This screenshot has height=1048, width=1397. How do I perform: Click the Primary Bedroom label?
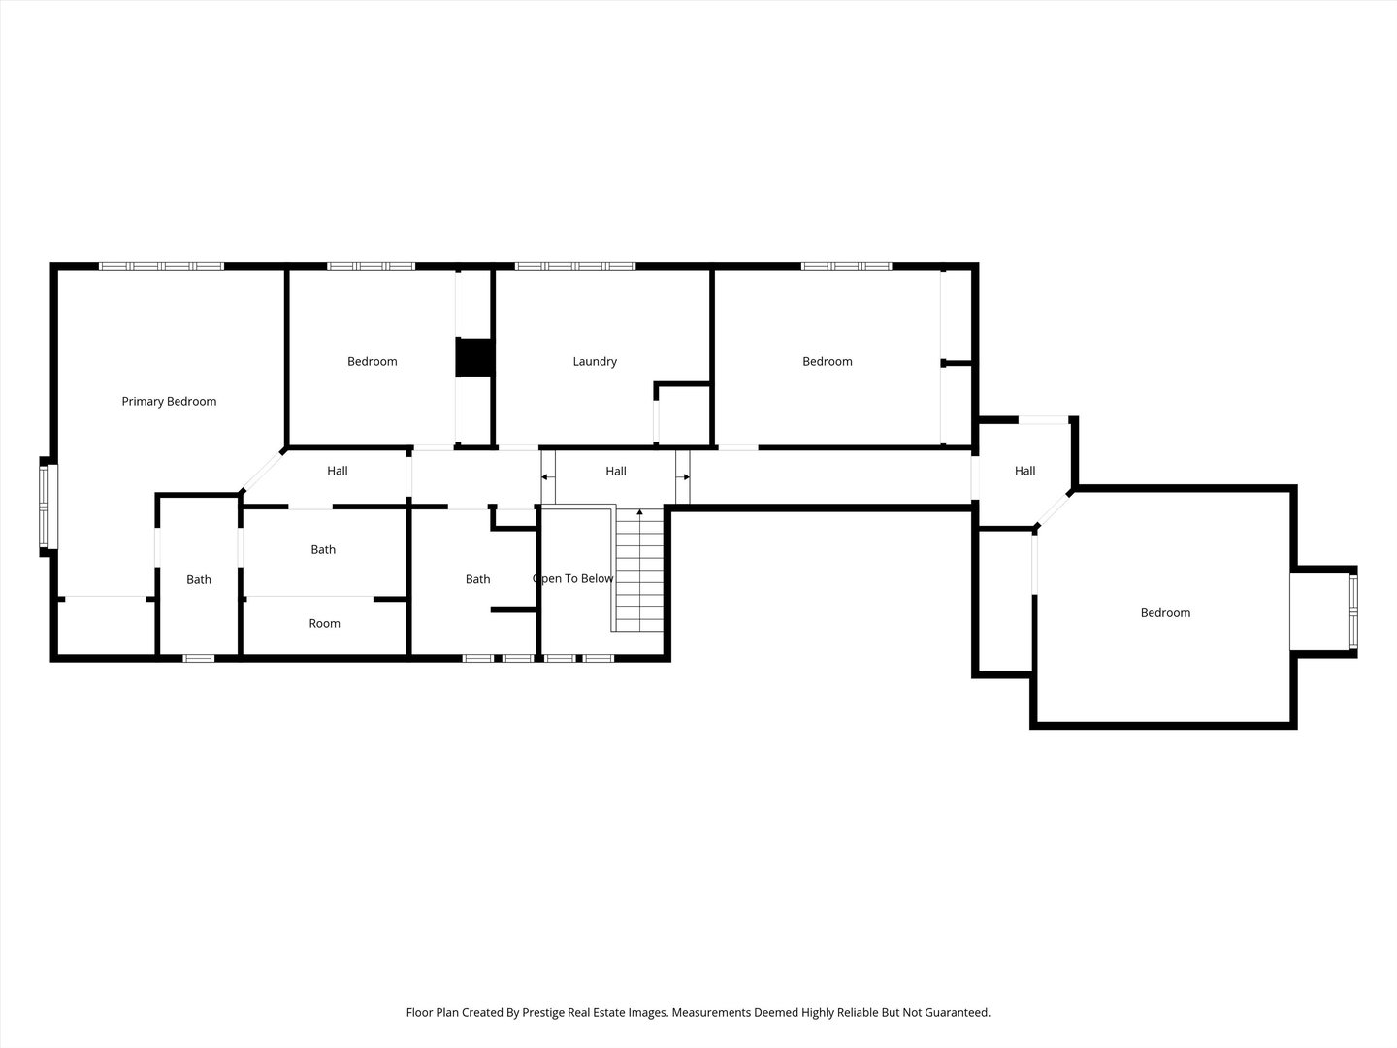169,401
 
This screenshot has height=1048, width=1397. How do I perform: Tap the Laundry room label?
595,361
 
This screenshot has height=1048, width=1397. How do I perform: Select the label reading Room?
324,623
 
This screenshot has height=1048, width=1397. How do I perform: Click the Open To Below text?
573,579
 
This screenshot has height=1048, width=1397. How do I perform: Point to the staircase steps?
639,573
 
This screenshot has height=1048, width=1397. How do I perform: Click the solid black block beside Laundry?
474,356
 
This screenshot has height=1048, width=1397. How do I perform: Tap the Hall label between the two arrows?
616,471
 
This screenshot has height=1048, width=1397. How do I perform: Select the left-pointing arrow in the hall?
547,477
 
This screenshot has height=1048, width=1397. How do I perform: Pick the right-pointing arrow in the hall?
684,477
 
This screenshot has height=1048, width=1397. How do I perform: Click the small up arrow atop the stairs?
639,512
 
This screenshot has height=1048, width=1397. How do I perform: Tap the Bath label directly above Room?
323,549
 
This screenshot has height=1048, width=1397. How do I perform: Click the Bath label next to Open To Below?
477,579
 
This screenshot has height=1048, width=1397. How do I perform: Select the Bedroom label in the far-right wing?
1165,612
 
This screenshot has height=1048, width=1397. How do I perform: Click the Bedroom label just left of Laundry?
373,361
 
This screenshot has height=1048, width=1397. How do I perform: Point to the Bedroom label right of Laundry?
828,361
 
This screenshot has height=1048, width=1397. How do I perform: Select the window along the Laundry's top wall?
575,265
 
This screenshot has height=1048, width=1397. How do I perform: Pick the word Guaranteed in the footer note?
957,1012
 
